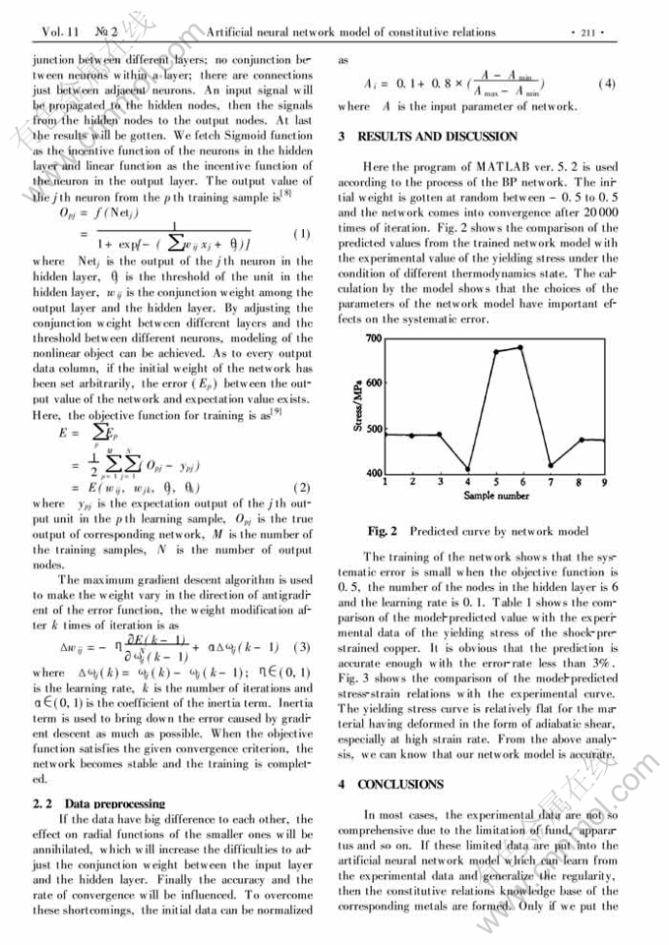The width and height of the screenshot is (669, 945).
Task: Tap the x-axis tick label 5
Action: point(495,483)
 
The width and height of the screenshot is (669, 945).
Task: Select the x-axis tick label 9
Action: point(604,483)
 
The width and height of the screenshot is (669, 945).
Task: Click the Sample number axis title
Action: point(496,497)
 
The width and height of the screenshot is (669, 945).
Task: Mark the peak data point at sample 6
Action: point(521,347)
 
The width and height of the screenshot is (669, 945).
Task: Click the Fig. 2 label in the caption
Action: point(382,531)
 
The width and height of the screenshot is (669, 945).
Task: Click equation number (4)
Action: point(606,83)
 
